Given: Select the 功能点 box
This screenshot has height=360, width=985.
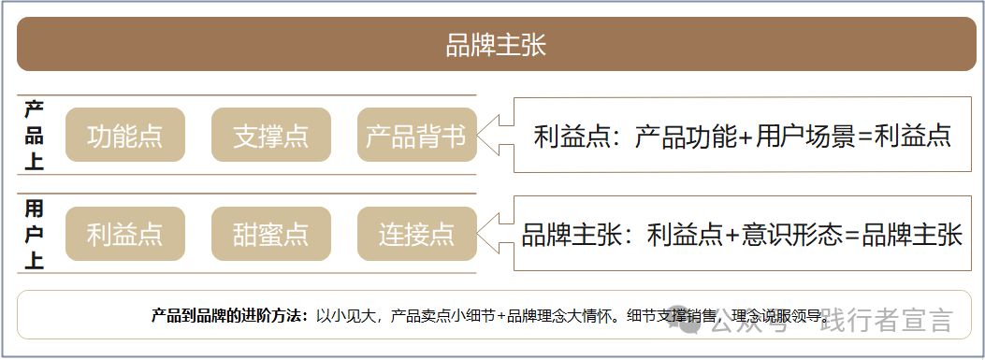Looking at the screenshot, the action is pos(124,136).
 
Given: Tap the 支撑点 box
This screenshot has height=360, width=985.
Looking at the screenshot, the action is pos(270,136).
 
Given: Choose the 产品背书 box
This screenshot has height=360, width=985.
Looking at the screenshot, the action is pos(416,136).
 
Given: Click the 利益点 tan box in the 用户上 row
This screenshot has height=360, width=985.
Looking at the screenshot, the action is pos(124,234).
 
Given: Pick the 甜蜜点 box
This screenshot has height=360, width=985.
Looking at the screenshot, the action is pos(270,234).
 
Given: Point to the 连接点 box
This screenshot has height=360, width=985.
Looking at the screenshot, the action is pos(416,234).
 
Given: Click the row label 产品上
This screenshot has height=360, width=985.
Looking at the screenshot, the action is pos(34,136).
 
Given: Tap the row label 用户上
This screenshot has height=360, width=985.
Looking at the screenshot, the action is pos(34,234).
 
